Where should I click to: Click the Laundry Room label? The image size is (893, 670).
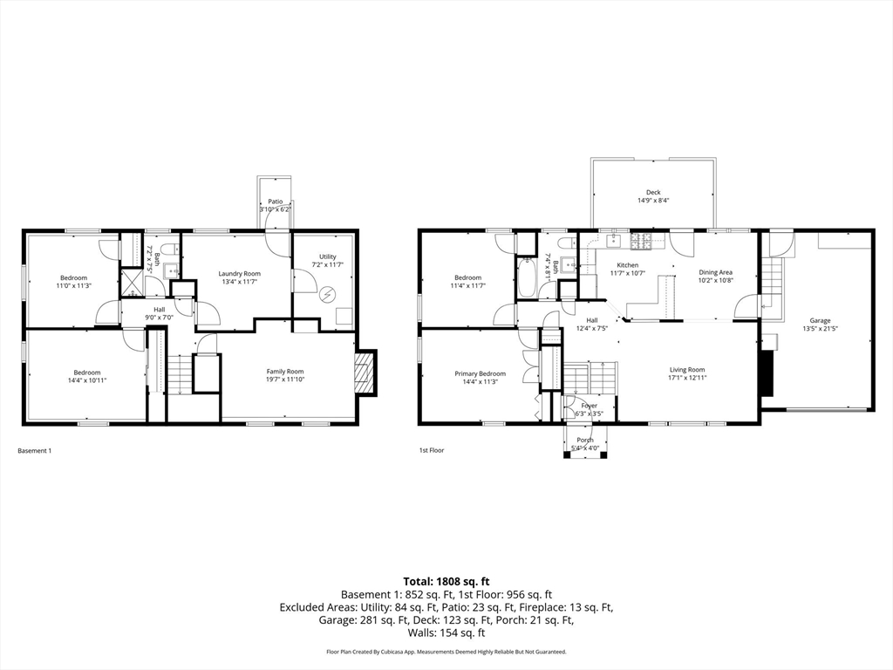[x=239, y=274]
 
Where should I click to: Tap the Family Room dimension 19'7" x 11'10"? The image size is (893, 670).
[x=285, y=379]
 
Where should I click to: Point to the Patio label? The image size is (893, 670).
[x=275, y=201]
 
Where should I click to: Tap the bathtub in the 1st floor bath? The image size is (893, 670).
[x=527, y=278]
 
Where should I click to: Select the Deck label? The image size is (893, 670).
[x=653, y=192]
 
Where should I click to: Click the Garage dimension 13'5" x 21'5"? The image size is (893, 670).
[x=820, y=329]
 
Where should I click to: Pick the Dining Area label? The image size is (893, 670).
[x=715, y=272]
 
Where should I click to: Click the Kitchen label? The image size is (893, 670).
[x=628, y=265]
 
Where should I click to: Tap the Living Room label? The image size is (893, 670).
[x=687, y=369]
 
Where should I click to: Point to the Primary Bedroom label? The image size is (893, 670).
[x=480, y=373]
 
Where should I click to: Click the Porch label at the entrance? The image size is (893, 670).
[x=585, y=440]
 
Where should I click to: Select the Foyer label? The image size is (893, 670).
[x=590, y=406]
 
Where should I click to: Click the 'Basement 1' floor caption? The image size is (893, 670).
[x=35, y=451]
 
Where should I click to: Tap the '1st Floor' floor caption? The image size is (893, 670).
[x=432, y=451]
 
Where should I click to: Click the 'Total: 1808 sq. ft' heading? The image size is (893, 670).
[x=446, y=581]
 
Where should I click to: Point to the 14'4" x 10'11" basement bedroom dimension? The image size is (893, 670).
[x=86, y=380]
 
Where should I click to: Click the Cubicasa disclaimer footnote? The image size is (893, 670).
[x=446, y=652]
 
